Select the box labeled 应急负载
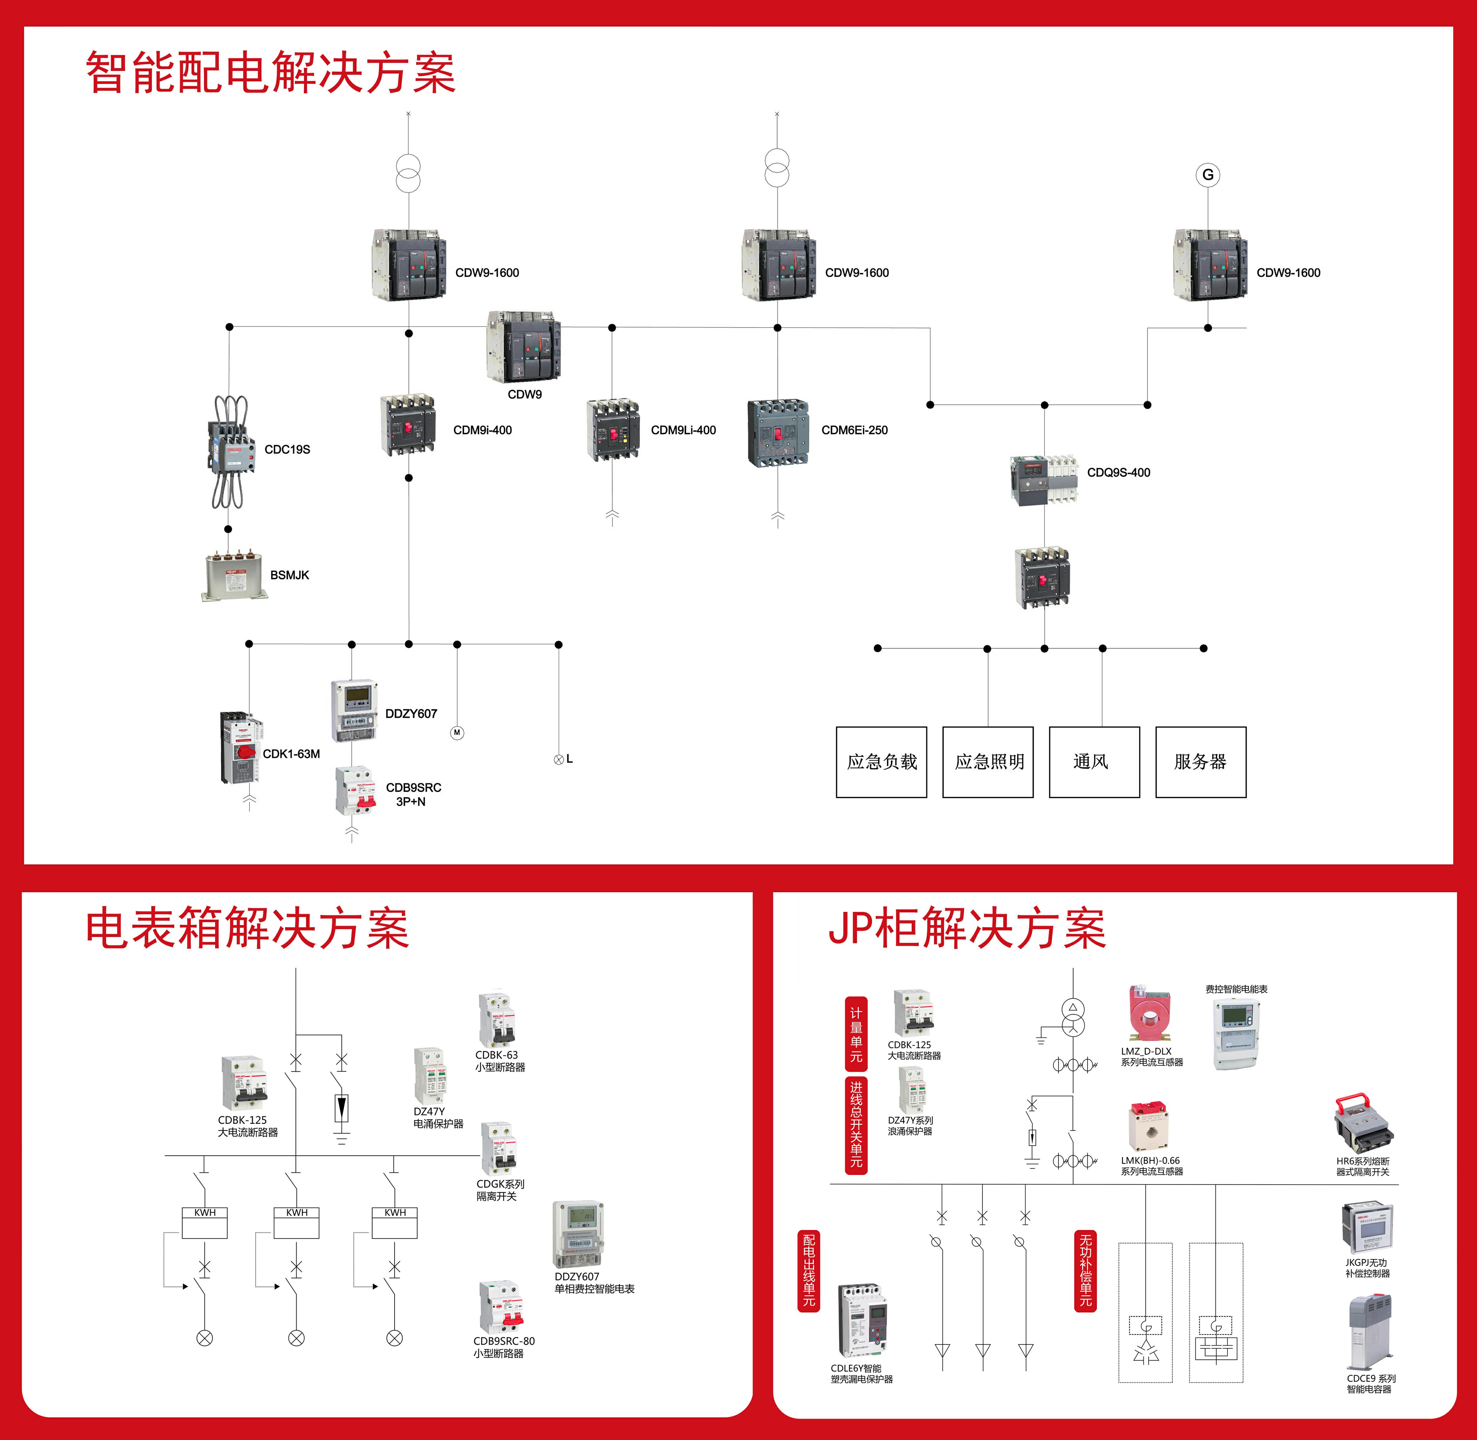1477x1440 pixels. pyautogui.click(x=881, y=761)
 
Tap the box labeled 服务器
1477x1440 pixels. pyautogui.click(x=1200, y=761)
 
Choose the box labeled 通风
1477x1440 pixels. pyautogui.click(x=1094, y=761)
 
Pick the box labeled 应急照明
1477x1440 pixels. pyautogui.click(x=988, y=761)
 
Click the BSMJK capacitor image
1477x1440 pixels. pyautogui.click(x=234, y=576)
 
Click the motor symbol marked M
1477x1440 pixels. pyautogui.click(x=456, y=732)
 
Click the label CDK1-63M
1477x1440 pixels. pyautogui.click(x=291, y=754)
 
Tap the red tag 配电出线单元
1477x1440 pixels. pyautogui.click(x=809, y=1270)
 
